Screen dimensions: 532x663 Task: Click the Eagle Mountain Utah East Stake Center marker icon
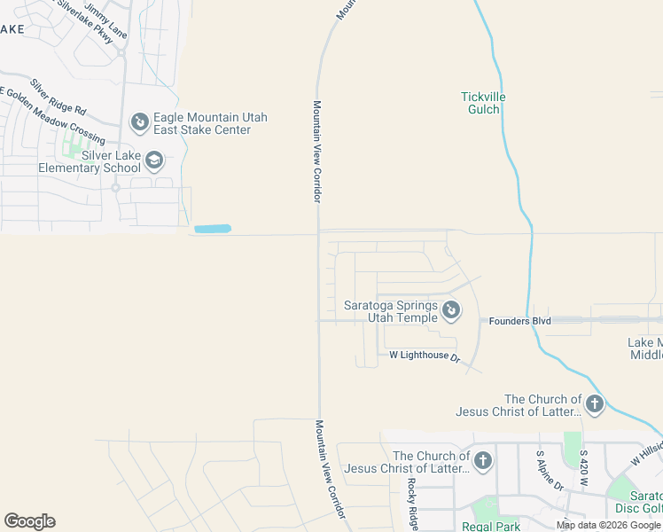(139, 121)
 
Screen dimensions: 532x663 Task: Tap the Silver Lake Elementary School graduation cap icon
(154, 160)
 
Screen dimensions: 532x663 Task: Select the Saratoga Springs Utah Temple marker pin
(451, 309)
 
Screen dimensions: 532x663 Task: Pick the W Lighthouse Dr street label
(425, 356)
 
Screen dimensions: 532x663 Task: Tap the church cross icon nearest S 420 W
(594, 405)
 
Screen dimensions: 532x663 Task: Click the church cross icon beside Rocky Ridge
(482, 460)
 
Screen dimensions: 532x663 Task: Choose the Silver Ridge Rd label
(58, 98)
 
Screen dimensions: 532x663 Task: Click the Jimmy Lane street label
(105, 20)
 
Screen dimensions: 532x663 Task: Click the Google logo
(29, 521)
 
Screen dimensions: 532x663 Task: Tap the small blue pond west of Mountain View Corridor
(212, 229)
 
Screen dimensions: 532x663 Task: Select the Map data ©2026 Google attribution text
(607, 525)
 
